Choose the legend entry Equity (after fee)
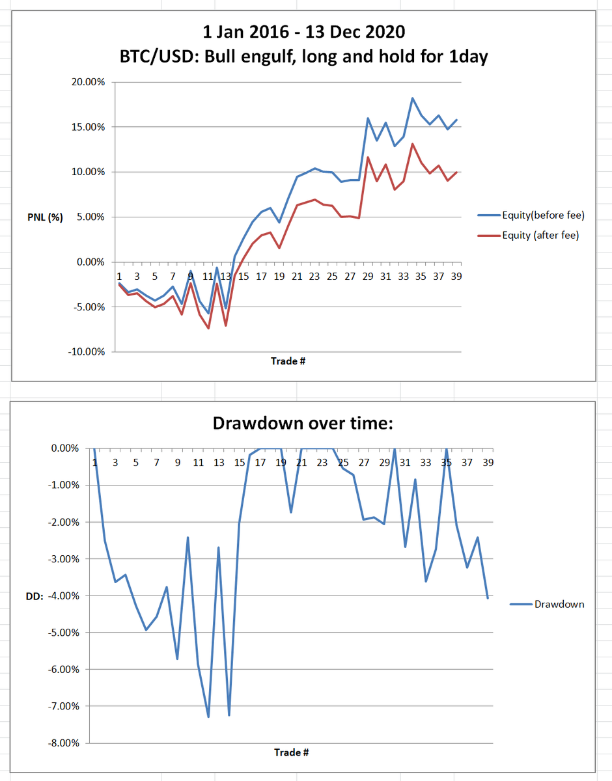coord(540,236)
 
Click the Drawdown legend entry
coord(559,604)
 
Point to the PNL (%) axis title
coord(45,217)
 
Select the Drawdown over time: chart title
coord(303,423)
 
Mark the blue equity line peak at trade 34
coord(412,98)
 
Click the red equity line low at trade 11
coord(209,328)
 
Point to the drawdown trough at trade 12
coord(208,717)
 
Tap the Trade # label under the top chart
coord(288,361)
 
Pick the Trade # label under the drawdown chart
coord(291,752)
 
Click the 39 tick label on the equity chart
coord(456,276)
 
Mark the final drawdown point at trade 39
coord(488,598)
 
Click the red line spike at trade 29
coord(368,157)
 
